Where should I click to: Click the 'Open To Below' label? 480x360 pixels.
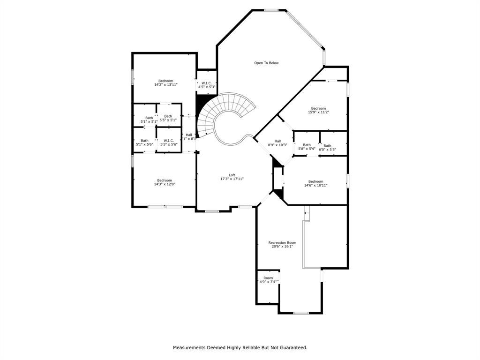coord(266,63)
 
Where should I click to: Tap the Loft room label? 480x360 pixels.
coord(232,175)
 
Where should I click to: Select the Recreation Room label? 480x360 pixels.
coord(282,243)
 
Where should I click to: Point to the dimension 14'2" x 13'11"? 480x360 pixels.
coord(165,85)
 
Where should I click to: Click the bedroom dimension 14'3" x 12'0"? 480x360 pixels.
coord(165,184)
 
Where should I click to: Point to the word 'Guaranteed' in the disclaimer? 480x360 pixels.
coord(291,347)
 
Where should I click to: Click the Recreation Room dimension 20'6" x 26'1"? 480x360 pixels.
coord(282,247)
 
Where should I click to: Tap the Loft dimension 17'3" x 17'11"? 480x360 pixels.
coord(232,179)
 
